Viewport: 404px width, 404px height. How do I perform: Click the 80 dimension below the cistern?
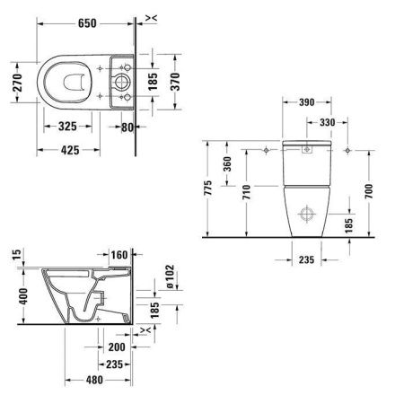[128, 127]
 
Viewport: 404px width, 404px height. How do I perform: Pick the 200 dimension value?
[115, 347]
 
